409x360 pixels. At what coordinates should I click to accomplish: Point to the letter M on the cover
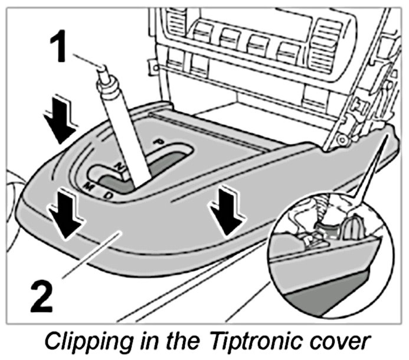[x=89, y=187]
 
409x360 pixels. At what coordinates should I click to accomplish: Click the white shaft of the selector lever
[x=124, y=136]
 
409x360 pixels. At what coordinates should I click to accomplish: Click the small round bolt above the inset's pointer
[x=341, y=139]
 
